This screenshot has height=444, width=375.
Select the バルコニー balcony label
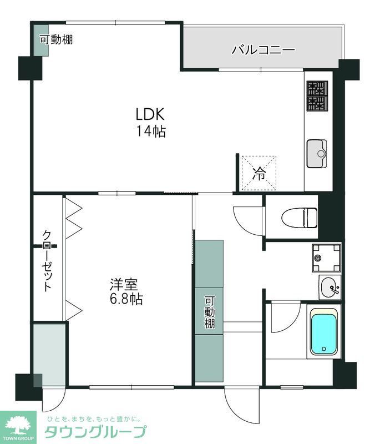[x=263, y=49]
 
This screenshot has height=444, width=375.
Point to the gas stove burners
[x=317, y=95]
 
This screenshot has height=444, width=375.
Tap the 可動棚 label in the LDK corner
[x=56, y=39]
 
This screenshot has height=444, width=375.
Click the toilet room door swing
[x=248, y=220]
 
